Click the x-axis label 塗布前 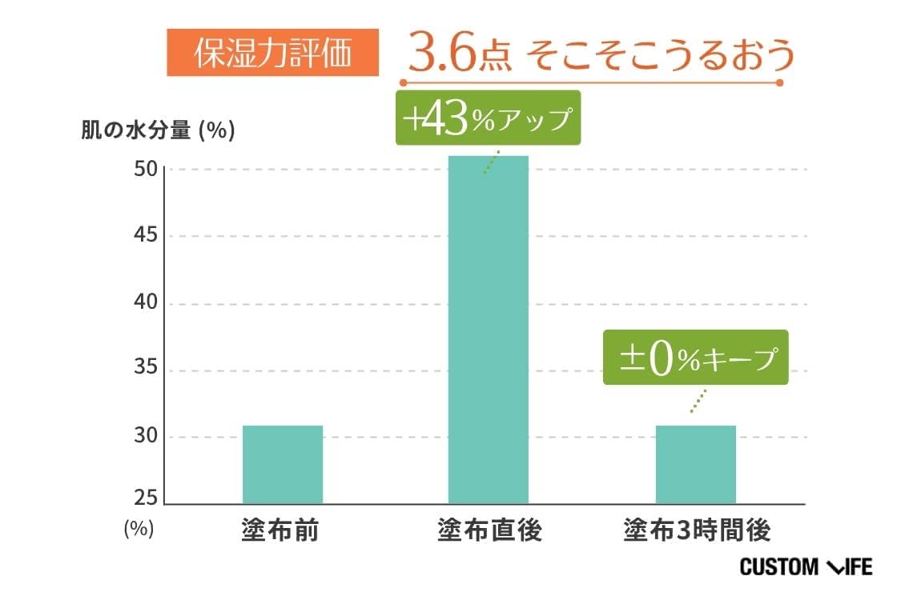click(280, 530)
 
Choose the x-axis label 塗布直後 click(489, 530)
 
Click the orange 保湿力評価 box click(272, 53)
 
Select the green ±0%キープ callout click(695, 358)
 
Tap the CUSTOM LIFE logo click(806, 567)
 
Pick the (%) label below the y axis click(139, 529)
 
